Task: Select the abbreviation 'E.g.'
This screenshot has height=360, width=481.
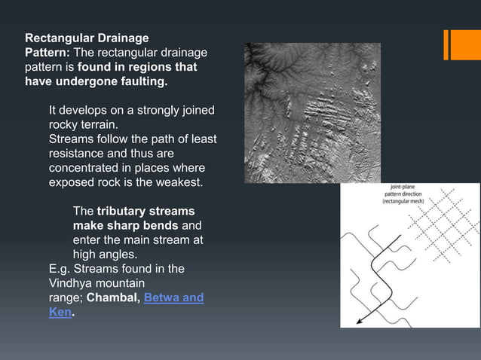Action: coord(60,269)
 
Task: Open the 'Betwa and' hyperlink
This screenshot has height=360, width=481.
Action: coord(173,297)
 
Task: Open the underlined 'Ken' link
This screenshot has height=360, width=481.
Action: coord(60,312)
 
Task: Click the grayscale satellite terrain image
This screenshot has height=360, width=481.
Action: coord(312,112)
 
